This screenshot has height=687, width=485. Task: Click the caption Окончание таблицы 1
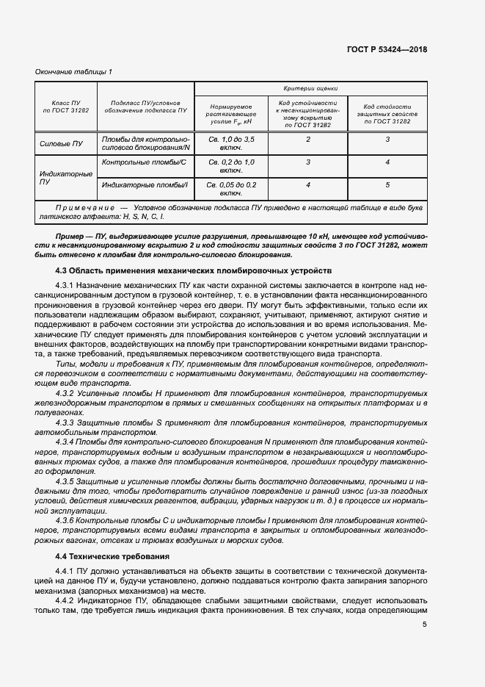[x=73, y=71]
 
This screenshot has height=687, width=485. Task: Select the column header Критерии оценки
[x=310, y=87]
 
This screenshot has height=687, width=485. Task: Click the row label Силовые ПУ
[x=61, y=144]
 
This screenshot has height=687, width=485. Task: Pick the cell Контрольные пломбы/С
[x=145, y=162]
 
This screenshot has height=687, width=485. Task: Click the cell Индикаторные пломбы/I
[x=145, y=185]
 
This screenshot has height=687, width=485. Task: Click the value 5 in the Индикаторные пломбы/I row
[x=387, y=185]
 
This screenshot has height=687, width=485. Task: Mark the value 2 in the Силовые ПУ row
[x=308, y=139]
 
